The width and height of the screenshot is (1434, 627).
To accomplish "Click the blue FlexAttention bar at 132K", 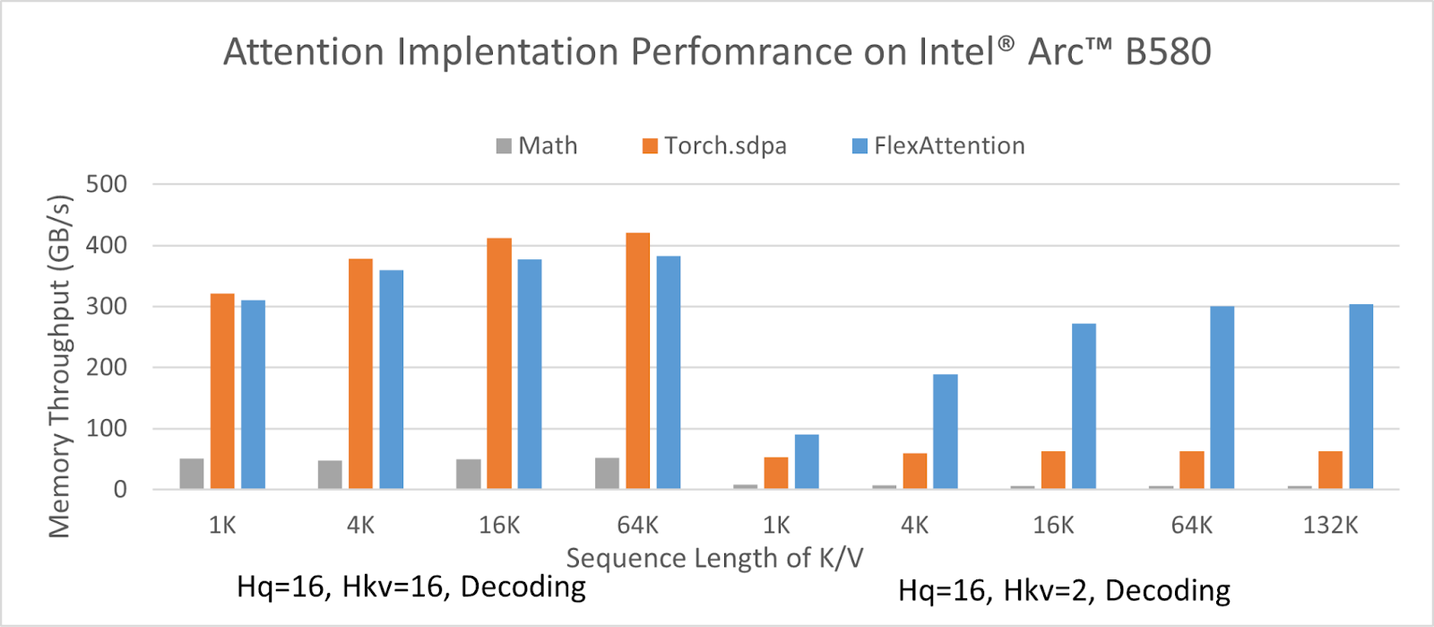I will coord(1361,396).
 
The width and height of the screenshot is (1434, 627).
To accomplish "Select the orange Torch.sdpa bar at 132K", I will coord(1330,470).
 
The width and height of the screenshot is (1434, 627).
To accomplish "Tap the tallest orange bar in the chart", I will coord(638,361).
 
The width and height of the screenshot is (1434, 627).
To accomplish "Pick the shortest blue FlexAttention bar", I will coord(807,462).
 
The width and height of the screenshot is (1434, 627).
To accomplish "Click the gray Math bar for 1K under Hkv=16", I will coord(192,474).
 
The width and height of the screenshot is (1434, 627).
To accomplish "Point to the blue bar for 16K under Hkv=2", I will coord(1084,406).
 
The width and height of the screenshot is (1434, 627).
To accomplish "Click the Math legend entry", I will coord(538,146).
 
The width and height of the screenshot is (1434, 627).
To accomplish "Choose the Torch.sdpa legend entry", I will coord(715,146).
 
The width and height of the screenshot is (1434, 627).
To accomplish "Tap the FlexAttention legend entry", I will coord(938,146).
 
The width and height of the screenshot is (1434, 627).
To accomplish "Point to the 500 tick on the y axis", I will coord(107,185).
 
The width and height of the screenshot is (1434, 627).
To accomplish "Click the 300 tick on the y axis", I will coord(107,307).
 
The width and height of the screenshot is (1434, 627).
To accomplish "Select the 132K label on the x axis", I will coord(1330,526).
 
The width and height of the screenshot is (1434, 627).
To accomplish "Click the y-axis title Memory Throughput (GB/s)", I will coord(59,366).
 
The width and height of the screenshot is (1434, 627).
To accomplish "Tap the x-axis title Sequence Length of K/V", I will coord(714,559).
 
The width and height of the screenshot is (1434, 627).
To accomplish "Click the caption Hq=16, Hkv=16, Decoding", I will coord(411,587).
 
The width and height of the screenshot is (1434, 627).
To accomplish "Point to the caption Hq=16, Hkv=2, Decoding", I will coord(1064,591).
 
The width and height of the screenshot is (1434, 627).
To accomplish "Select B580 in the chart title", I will coord(1168,52).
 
